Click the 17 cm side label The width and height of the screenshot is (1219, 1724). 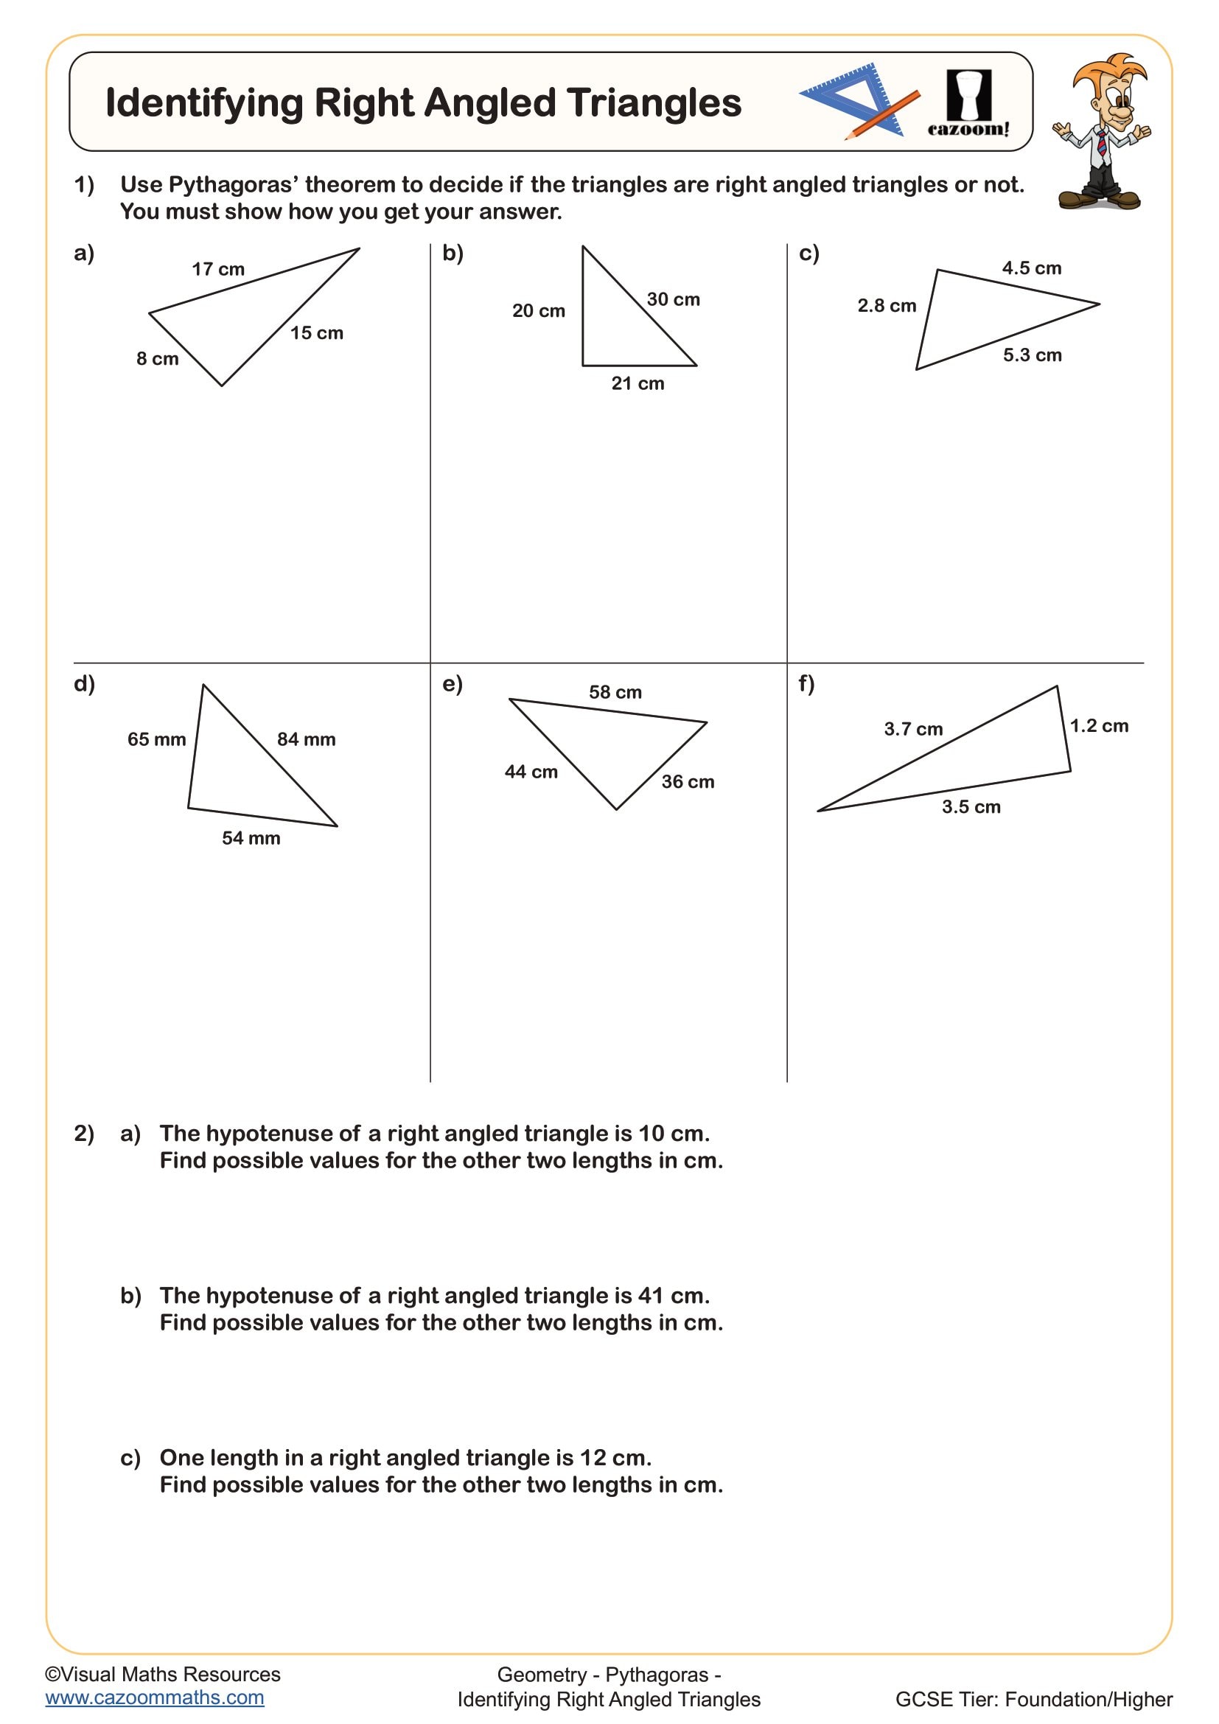coord(217,269)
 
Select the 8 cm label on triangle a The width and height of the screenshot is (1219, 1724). coord(157,359)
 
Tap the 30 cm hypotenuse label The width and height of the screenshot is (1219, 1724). coord(673,299)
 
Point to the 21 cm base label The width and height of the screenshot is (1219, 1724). coord(638,384)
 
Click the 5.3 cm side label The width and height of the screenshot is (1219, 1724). coord(1032,355)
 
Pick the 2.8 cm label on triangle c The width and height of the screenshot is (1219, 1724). coord(887,306)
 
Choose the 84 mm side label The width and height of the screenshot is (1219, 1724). coord(307,739)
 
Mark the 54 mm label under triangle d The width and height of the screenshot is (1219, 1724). coord(251,839)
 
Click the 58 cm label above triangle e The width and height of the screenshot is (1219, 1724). coord(615,692)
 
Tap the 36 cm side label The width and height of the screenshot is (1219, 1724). coord(688,781)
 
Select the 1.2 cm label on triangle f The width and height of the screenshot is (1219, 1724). coord(1099,726)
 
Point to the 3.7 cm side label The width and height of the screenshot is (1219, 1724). coord(912,729)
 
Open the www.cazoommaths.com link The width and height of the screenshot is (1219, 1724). coord(155,1697)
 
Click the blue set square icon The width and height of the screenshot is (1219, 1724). coord(852,97)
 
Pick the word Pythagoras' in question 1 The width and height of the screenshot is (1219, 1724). coord(233,185)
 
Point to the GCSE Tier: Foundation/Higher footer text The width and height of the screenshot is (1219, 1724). coord(1033,1699)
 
